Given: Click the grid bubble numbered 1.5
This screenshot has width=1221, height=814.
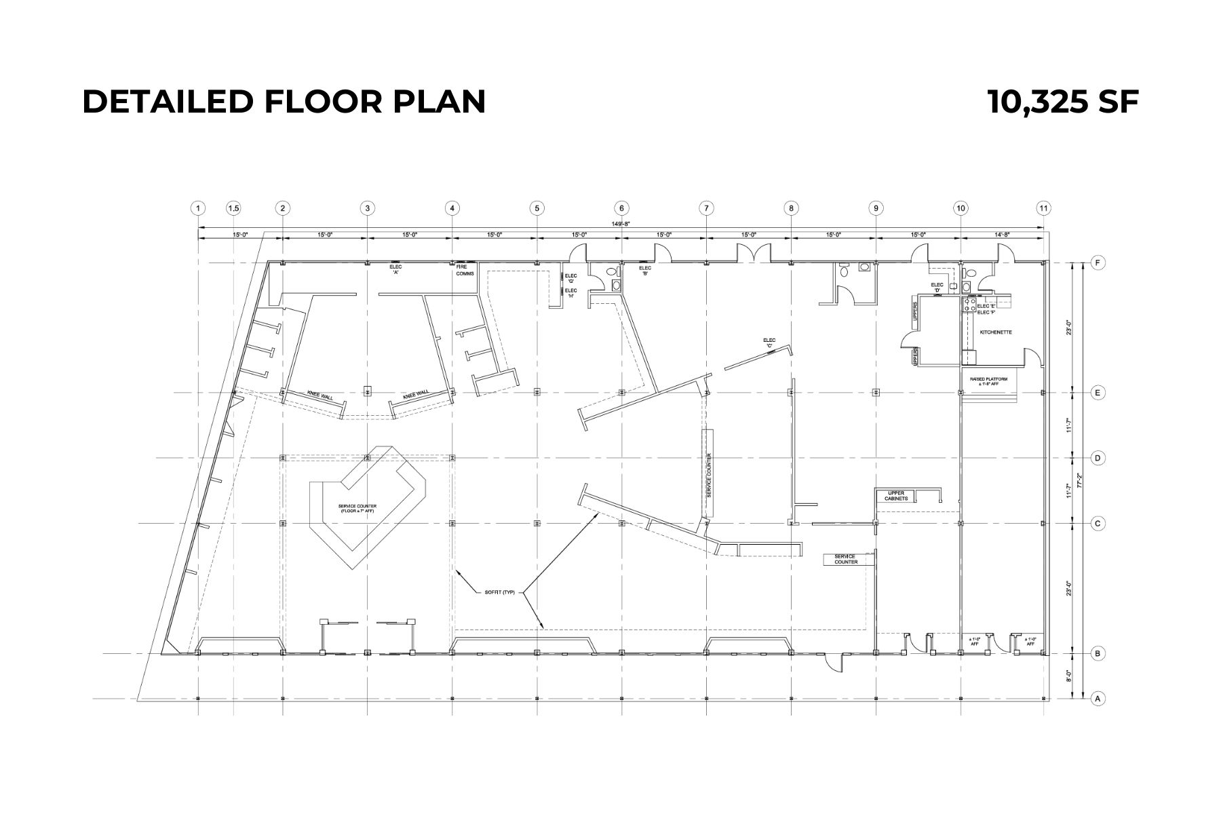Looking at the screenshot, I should [x=233, y=208].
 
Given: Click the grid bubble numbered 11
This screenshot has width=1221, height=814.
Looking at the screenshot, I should [x=1043, y=208].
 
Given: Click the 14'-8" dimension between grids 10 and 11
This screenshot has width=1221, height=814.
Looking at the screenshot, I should [x=1002, y=235].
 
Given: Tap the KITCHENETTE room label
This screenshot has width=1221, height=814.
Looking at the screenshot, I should [x=996, y=332].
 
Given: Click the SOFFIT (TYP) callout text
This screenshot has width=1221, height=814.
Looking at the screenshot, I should [x=500, y=592].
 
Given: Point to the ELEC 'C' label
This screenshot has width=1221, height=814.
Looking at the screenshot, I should [x=769, y=343].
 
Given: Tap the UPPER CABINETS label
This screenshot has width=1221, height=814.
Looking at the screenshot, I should [x=896, y=496].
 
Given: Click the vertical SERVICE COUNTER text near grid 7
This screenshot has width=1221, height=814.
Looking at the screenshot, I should [x=709, y=475].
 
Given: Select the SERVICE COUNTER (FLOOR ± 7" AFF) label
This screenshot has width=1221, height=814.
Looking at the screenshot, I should [x=358, y=508].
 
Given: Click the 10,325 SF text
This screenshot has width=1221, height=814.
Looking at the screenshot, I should [x=1063, y=102].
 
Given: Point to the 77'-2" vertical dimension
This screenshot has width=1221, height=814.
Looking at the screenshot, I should [x=1083, y=480].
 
